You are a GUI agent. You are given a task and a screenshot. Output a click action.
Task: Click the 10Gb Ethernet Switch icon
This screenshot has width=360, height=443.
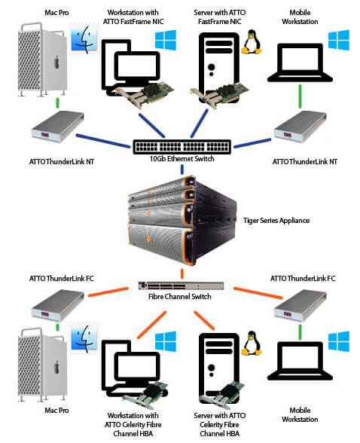pos(182,147)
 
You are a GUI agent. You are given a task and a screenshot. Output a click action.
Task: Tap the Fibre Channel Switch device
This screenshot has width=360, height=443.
pos(181,286)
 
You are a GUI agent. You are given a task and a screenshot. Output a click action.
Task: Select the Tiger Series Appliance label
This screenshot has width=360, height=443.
pos(276,220)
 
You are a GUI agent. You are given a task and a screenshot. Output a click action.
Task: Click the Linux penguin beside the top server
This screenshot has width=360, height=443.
pos(252,42)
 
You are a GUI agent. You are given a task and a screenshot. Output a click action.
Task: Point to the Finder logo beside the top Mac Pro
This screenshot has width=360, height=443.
pos(84,40)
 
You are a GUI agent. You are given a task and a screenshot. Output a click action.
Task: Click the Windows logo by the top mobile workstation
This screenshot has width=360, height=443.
pos(339,41)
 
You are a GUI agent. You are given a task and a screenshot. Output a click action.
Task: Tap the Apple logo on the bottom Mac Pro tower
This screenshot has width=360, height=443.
pos(57,367)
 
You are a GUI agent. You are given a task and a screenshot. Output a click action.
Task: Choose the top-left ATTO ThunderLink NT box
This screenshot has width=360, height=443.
pos(58,127)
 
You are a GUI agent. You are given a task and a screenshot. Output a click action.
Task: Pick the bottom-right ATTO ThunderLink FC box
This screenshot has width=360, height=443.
pos(301,306)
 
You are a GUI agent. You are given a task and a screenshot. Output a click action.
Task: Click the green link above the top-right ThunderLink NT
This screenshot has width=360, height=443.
pos(300,96)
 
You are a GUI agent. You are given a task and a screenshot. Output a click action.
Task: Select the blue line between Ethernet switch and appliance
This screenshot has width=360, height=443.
pos(182,169)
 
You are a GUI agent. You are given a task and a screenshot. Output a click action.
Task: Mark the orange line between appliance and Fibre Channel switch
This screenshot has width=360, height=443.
pos(182,273)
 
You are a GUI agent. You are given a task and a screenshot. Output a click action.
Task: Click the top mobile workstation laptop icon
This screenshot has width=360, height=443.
pos(300,63)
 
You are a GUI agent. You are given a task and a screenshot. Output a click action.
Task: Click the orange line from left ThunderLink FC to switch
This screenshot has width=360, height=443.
pos(108,292)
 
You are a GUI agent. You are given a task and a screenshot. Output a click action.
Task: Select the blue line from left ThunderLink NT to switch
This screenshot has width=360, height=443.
pos(103,141)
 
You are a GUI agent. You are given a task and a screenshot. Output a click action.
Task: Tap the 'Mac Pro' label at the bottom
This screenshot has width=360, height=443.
pos(56,410)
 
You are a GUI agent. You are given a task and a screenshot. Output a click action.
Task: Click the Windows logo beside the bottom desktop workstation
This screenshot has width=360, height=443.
pos(166,341)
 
